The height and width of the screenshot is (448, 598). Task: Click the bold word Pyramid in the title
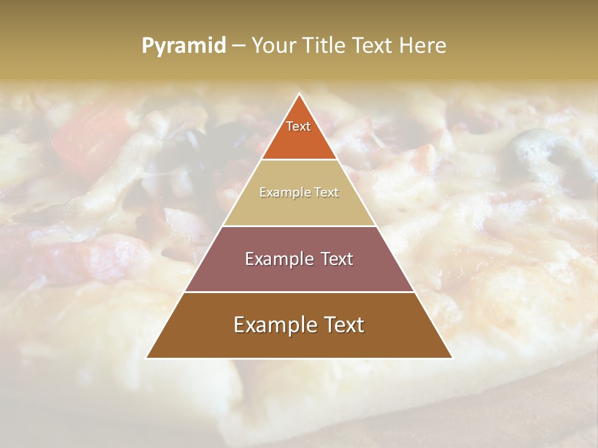183,45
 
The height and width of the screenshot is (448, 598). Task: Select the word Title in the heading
325,45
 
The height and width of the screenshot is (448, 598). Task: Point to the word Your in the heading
273,45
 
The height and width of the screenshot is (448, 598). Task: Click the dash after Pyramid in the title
239,46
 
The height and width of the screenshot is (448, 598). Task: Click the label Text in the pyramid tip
298,126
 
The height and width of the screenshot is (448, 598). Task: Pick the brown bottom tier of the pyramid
299,342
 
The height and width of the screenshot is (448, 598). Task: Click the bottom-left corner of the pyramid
146,358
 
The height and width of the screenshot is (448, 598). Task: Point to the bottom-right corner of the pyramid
452,358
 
